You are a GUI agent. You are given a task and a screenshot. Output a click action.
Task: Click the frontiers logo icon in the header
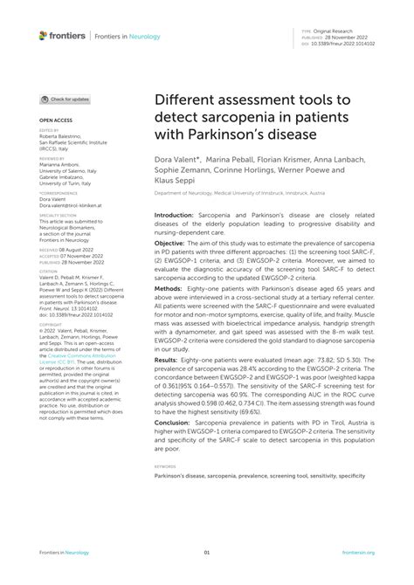click(44, 35)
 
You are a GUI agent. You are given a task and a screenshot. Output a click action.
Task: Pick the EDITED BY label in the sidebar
click(50, 130)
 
